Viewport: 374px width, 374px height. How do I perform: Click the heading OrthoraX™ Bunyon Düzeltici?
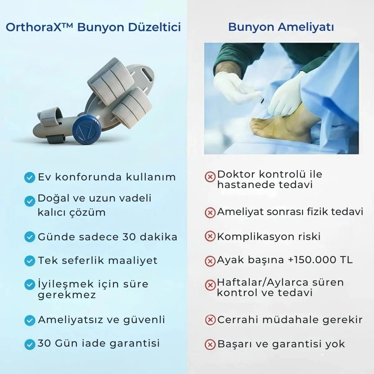(x=93, y=27)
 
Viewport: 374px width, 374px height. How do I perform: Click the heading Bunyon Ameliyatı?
(x=281, y=27)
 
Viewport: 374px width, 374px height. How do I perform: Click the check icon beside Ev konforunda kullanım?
(x=29, y=178)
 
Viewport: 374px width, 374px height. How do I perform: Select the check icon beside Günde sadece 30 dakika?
(x=29, y=237)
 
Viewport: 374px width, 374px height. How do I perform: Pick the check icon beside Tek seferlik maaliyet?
(x=29, y=261)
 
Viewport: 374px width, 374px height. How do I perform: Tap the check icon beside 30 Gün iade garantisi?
(x=29, y=344)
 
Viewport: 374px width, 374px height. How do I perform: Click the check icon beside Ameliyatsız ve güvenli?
(x=29, y=320)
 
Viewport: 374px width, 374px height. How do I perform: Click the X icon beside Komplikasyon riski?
(x=210, y=237)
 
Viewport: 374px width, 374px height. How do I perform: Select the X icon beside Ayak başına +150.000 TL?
(x=210, y=261)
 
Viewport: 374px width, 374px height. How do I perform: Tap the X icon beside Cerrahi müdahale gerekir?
(x=210, y=320)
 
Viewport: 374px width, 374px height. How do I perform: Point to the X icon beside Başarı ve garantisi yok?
(x=210, y=344)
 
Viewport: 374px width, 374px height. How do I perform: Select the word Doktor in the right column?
(x=236, y=174)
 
